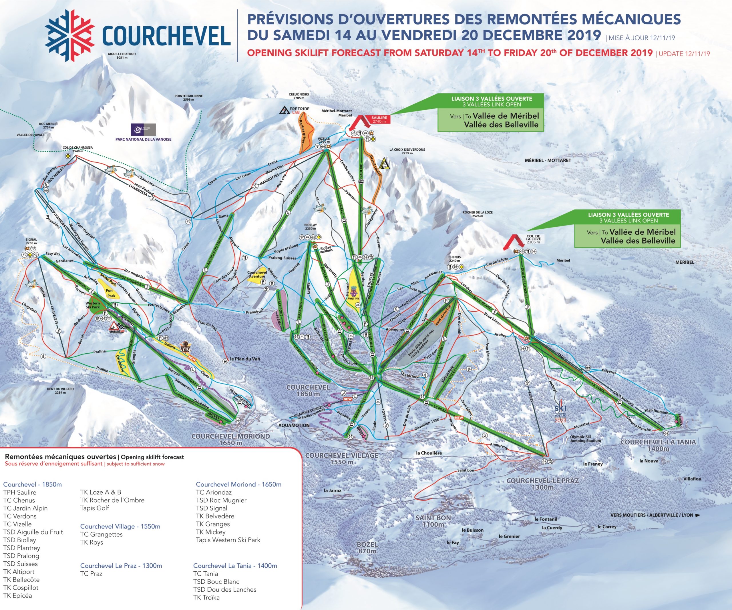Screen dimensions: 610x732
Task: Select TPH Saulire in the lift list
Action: [x=19, y=492]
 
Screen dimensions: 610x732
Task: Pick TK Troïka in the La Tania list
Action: [x=206, y=597]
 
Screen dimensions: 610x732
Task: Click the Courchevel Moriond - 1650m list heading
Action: [x=238, y=484]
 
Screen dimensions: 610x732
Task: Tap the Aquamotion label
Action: [x=294, y=425]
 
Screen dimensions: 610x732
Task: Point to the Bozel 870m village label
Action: [x=367, y=547]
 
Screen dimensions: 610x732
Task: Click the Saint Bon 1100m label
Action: [x=433, y=521]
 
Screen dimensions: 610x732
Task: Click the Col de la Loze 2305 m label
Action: [x=533, y=239]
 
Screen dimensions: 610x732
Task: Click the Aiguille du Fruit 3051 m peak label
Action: [x=122, y=56]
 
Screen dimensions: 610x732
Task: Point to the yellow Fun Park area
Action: [x=111, y=293]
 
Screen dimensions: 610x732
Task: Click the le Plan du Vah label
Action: [x=245, y=358]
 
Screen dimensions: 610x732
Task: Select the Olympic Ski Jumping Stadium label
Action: [x=585, y=438]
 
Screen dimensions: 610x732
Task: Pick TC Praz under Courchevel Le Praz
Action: [x=91, y=573]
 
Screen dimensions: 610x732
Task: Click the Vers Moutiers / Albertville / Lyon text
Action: [x=652, y=515]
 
